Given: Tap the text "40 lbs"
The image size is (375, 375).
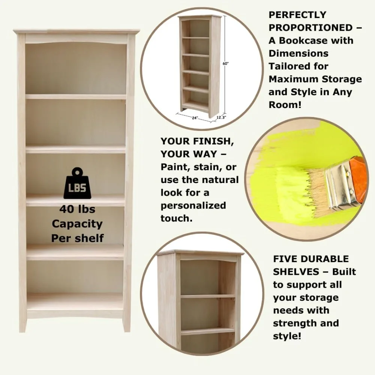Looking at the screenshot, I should (77, 210).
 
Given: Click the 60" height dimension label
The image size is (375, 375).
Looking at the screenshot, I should (225, 64).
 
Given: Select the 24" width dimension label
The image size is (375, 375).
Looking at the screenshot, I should (195, 118).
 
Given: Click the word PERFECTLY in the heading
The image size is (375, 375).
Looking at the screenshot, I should (297, 15).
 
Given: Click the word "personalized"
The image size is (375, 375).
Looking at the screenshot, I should (193, 205).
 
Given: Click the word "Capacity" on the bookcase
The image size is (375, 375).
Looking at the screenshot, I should (77, 224).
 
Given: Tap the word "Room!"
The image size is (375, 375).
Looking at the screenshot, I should (285, 105).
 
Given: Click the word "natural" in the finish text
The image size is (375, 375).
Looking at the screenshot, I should (219, 180).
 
